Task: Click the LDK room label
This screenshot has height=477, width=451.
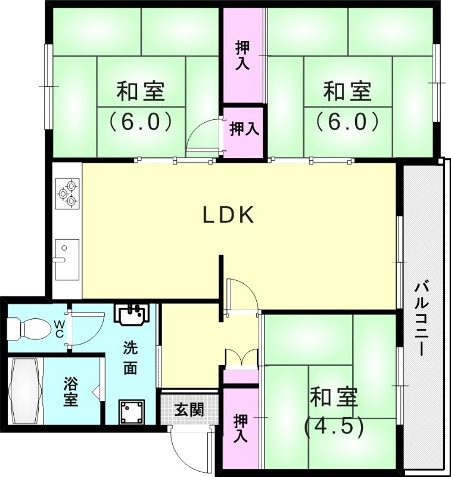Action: (229, 215)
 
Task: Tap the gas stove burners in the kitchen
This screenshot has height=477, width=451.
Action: (67, 193)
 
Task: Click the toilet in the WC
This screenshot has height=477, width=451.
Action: (28, 327)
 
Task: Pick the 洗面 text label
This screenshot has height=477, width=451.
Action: (130, 358)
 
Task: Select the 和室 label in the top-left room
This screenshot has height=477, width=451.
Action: (141, 92)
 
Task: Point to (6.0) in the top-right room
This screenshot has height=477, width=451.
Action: (347, 122)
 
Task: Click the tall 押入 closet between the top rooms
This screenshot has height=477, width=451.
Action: (242, 55)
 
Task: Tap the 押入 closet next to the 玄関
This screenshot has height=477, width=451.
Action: (241, 428)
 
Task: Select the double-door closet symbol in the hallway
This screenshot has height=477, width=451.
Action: (241, 357)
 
